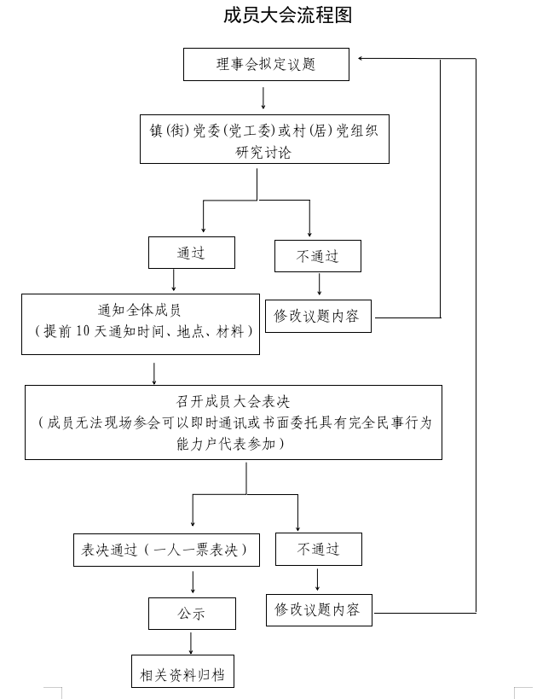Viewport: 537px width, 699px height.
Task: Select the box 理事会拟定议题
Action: tap(266, 64)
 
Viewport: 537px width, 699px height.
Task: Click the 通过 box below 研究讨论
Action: tap(191, 253)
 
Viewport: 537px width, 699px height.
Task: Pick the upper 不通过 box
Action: tap(317, 256)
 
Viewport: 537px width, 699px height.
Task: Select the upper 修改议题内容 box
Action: tap(318, 316)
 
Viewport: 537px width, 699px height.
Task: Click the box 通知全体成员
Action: tap(141, 323)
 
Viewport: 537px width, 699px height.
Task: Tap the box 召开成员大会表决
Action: tap(234, 422)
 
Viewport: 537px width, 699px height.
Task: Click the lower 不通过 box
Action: tap(318, 549)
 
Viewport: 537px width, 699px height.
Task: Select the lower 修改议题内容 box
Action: tap(319, 610)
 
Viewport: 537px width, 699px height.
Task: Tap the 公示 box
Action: tap(191, 613)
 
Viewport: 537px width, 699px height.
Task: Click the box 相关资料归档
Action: tap(182, 673)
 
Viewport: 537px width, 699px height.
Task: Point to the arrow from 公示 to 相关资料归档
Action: tap(191, 642)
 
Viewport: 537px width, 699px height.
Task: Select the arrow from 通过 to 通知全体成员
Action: tap(174, 281)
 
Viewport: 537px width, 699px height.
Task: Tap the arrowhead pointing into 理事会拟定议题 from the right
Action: tap(362, 58)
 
